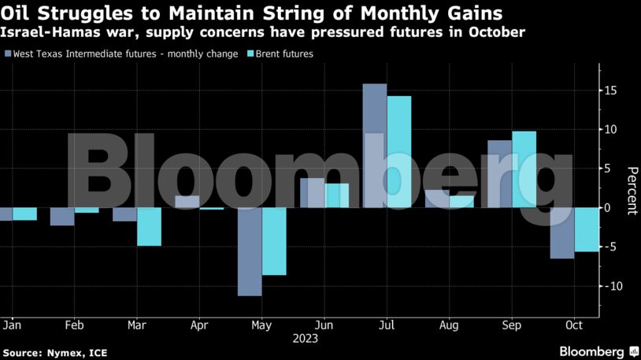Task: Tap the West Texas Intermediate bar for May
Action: coord(250,251)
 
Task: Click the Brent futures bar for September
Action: coord(524,169)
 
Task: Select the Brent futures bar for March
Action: coord(149,227)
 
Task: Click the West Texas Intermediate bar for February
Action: coord(62,217)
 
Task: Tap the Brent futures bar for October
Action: coord(587,229)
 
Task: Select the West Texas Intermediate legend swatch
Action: coord(8,54)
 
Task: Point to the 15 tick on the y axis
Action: coord(610,91)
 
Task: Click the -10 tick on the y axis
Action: coord(608,286)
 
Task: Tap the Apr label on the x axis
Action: coord(199,325)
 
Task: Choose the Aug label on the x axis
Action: coord(450,325)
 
